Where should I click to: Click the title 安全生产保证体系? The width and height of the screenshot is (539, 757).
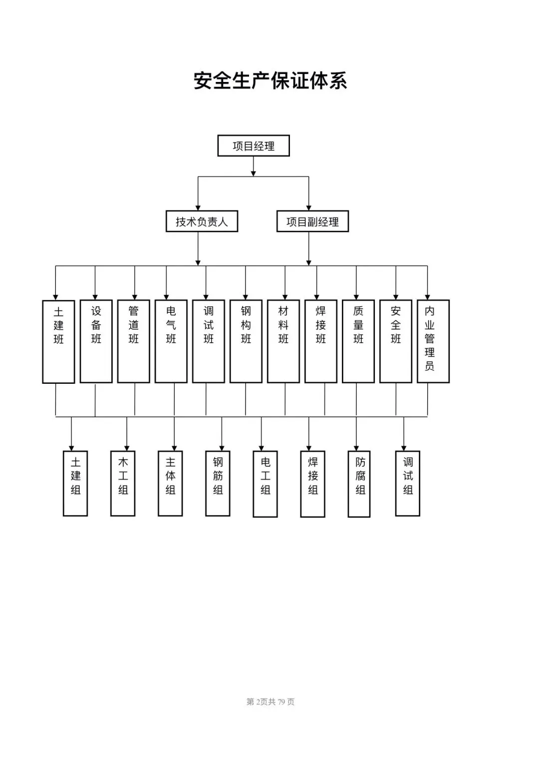pos(270,80)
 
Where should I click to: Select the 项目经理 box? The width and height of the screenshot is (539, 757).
pos(253,146)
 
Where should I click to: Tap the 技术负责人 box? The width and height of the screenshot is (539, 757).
pos(202,221)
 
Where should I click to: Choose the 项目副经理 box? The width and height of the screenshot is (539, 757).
pos(312,221)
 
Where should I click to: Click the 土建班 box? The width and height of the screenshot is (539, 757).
pos(58,342)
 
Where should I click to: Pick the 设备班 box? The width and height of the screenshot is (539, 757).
pos(96,341)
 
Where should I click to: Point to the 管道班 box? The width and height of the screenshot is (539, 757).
pos(133,341)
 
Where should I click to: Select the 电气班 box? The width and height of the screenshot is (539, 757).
pos(171,341)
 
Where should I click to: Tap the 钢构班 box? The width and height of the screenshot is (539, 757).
pos(246,341)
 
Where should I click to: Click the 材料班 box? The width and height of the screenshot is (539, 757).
pos(283,341)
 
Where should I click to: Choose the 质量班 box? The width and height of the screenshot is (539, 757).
pos(358,341)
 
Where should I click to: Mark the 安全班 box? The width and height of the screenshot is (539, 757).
pos(396,341)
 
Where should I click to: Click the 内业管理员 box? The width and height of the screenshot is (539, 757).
pos(433,341)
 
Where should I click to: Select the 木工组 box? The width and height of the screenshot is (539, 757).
pos(123,483)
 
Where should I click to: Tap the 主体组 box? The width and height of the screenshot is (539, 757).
pos(170,483)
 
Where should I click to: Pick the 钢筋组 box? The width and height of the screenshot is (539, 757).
pos(218,483)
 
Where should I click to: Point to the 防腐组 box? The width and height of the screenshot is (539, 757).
pos(359,484)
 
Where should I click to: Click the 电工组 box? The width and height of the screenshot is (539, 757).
pos(265,484)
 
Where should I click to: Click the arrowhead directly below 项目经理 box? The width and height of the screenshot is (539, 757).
pos(253,174)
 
